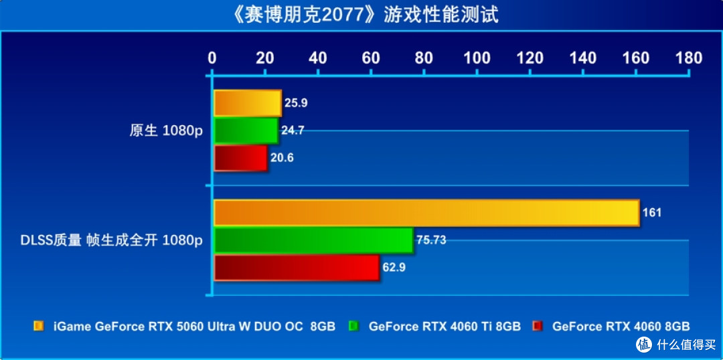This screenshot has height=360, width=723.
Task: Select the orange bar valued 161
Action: (x=426, y=213)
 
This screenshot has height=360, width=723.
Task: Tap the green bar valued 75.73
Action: (x=313, y=240)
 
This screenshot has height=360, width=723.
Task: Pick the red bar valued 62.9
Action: (x=297, y=268)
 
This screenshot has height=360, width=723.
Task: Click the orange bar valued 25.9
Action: (x=248, y=103)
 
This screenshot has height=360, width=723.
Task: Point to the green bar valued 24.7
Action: (x=246, y=130)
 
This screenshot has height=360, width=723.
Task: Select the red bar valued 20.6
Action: (x=241, y=158)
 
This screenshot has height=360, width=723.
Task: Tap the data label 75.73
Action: (x=431, y=240)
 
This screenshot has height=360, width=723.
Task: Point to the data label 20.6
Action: (x=283, y=158)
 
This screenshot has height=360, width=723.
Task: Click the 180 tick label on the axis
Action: (x=689, y=58)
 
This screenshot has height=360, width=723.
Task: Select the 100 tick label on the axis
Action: (x=477, y=58)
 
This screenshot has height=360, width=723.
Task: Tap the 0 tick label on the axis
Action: (x=212, y=58)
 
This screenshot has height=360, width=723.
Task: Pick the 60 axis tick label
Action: (x=371, y=58)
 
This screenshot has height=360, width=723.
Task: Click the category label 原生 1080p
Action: (x=165, y=131)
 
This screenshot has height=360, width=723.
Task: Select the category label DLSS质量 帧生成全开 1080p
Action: (x=112, y=241)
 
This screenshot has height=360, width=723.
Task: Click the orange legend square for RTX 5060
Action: (x=38, y=327)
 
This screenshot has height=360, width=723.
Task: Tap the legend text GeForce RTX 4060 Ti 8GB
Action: (x=445, y=327)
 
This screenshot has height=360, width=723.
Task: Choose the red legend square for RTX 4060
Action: (x=537, y=327)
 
